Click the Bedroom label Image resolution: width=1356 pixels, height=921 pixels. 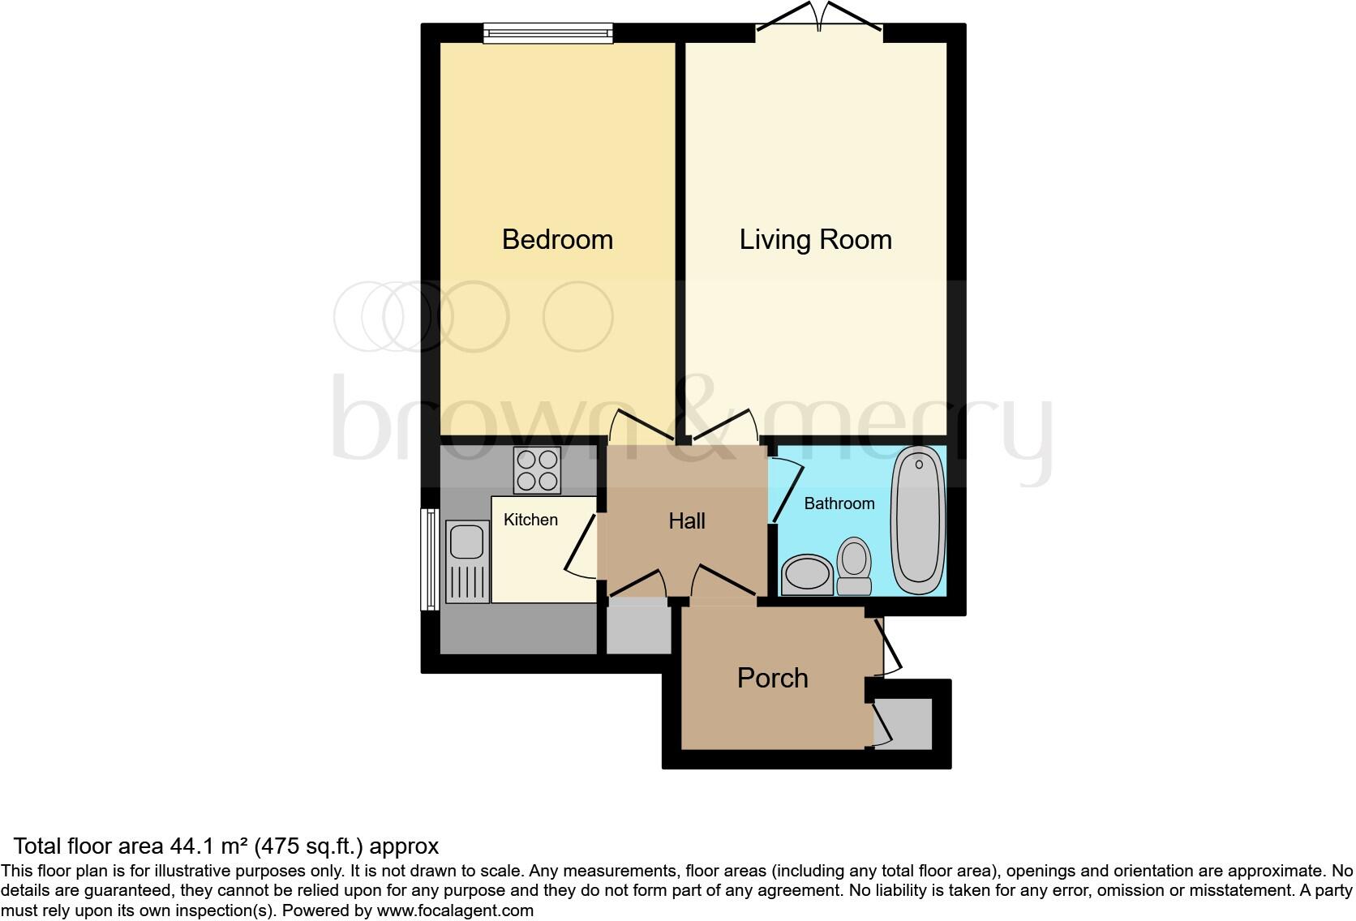[x=557, y=240]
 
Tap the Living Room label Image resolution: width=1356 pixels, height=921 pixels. [x=815, y=240]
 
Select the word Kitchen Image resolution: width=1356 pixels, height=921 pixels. [x=530, y=520]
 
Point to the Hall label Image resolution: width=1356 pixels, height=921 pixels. [x=686, y=520]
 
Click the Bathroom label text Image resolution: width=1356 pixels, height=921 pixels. [x=839, y=503]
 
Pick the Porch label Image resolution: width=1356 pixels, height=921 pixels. [x=772, y=678]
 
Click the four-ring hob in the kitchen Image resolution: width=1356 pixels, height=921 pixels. [x=538, y=470]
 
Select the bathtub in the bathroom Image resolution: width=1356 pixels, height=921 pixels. [x=918, y=519]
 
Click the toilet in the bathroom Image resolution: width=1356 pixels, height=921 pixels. [x=853, y=566]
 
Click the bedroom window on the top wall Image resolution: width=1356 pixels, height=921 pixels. [x=548, y=32]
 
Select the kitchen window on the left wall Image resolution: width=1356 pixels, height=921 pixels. [x=428, y=559]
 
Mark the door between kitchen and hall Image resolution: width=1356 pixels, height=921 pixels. [x=582, y=547]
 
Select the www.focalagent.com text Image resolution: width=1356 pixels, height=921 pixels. [x=455, y=910]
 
